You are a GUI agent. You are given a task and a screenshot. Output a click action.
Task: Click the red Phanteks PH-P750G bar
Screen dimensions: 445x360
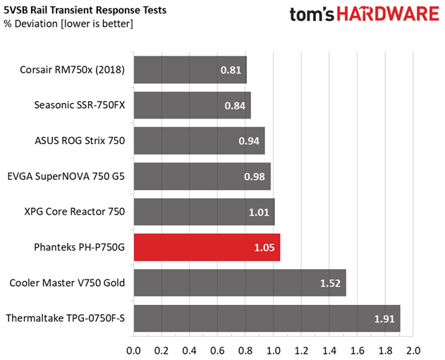click(x=207, y=247)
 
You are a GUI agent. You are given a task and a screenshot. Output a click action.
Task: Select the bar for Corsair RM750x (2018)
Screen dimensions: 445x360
click(x=190, y=70)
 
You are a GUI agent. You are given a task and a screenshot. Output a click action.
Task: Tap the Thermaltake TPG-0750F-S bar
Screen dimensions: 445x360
click(x=267, y=318)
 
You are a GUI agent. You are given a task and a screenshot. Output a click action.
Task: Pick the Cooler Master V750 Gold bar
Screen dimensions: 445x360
click(x=240, y=283)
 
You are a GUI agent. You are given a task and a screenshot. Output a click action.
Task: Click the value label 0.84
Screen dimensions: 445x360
click(x=235, y=106)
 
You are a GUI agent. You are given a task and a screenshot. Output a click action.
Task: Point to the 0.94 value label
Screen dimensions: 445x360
click(x=249, y=141)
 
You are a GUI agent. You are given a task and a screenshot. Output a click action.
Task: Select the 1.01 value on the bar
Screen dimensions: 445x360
click(x=259, y=212)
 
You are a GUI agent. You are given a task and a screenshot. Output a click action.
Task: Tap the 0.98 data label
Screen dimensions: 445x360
click(x=255, y=176)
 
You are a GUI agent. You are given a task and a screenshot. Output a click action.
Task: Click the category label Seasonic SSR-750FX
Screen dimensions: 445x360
click(x=80, y=105)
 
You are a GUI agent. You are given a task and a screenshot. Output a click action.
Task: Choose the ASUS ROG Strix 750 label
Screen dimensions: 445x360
click(x=80, y=140)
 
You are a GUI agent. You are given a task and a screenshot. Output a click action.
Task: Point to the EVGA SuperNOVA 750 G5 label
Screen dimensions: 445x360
click(x=66, y=176)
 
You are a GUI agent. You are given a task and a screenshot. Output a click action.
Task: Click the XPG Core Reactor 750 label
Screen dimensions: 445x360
click(x=74, y=212)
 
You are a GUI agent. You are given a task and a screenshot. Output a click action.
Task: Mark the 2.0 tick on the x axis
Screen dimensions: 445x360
click(x=413, y=351)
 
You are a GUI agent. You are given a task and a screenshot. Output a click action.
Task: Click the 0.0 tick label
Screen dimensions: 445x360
click(x=133, y=351)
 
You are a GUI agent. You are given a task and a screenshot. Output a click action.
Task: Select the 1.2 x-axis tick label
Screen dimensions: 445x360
click(x=301, y=351)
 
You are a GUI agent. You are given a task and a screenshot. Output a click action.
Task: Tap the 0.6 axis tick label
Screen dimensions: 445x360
click(x=217, y=351)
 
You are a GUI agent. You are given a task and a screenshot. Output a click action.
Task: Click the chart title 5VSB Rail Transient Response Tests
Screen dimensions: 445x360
click(x=85, y=10)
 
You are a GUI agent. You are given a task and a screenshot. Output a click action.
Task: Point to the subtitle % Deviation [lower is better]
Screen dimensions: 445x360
click(x=68, y=24)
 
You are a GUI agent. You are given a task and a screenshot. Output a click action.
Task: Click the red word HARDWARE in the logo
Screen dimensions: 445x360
click(x=388, y=14)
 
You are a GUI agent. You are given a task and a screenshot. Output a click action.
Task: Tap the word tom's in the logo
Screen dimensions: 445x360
click(x=312, y=15)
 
